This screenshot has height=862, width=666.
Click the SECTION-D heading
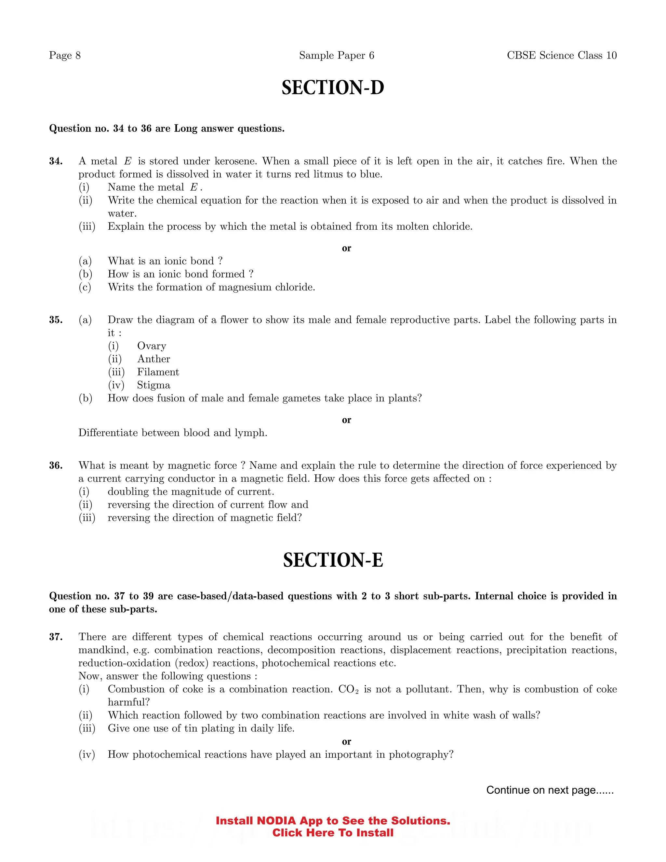pos(333,88)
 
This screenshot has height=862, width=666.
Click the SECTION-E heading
pos(333,560)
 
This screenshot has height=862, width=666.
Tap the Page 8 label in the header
pos(65,55)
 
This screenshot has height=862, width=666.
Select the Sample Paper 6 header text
pos(336,55)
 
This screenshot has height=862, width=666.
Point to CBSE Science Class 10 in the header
pos(561,55)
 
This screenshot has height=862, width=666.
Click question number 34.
pos(56,161)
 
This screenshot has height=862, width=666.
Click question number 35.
pos(56,320)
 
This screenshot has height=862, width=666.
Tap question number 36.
pos(56,465)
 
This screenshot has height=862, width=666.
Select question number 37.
pos(56,637)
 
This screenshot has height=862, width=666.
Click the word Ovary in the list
pos(152,346)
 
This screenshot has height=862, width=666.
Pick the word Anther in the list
pos(153,359)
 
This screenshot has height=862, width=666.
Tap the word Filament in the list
pos(158,372)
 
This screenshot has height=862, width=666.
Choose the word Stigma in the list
pos(153,385)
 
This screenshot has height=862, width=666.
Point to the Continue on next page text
pos(550,790)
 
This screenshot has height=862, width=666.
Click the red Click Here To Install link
pos(333,833)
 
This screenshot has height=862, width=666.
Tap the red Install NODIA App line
pos(333,821)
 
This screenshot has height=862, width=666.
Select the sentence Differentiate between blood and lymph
pos(173,433)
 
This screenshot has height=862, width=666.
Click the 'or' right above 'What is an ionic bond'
pos(346,248)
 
